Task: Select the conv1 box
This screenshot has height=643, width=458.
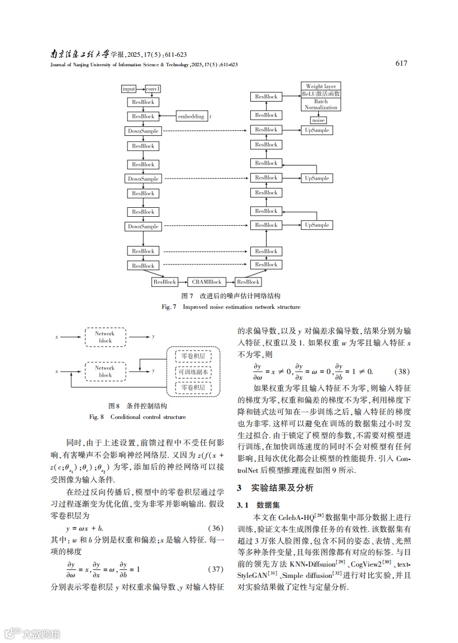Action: point(153,89)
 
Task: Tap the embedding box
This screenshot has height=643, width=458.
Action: point(191,117)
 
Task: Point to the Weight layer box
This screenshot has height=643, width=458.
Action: point(321,86)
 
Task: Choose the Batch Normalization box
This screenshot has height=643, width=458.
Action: point(321,104)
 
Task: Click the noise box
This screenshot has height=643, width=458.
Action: point(318,120)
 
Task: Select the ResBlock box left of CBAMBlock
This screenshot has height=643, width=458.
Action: point(165,282)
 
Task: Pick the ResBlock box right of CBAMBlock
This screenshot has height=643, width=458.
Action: point(248,282)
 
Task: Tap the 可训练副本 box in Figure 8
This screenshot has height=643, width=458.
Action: point(194,371)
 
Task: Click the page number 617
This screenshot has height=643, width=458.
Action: point(401,63)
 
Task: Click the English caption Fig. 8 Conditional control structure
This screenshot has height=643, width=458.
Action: point(138,417)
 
